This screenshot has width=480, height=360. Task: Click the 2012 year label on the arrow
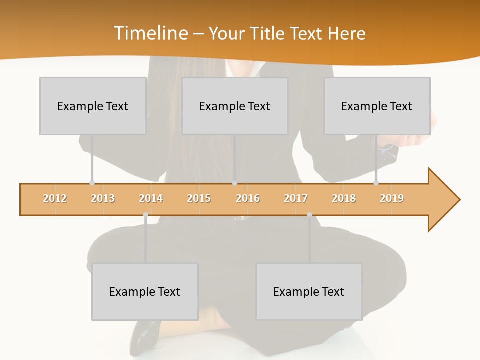click(x=55, y=198)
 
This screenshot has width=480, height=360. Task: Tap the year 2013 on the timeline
click(x=103, y=198)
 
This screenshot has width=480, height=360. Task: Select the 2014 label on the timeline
click(x=151, y=198)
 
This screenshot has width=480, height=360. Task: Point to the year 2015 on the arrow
click(x=199, y=198)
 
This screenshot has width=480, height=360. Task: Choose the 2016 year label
click(x=248, y=198)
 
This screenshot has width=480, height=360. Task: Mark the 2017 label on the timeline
click(x=296, y=198)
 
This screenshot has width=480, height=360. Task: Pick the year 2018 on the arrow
click(x=344, y=198)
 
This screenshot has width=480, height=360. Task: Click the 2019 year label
click(x=392, y=198)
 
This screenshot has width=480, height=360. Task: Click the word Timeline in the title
click(x=150, y=33)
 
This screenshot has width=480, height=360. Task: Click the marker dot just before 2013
click(x=92, y=183)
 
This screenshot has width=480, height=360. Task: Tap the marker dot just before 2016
click(x=235, y=183)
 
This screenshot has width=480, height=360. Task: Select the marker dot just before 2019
click(x=376, y=183)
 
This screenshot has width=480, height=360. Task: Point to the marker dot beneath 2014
click(x=145, y=215)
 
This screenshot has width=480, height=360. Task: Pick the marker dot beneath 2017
click(x=309, y=215)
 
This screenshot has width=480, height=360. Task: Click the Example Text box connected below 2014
click(x=145, y=291)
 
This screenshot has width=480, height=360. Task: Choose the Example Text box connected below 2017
click(x=309, y=291)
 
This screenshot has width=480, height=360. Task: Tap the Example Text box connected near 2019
click(x=377, y=106)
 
